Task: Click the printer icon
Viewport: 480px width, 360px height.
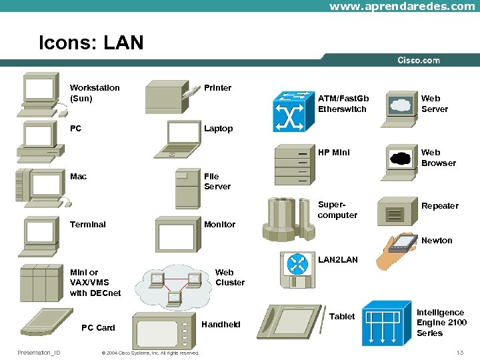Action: click(x=170, y=97)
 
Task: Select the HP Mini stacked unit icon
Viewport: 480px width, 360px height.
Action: click(x=294, y=165)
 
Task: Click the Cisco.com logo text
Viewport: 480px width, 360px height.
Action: click(x=419, y=60)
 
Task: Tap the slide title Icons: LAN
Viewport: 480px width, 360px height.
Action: click(x=91, y=43)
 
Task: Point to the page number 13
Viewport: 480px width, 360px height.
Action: click(x=459, y=353)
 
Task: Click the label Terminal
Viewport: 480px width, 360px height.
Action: click(x=88, y=225)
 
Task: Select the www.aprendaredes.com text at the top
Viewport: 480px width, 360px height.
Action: click(x=402, y=6)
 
